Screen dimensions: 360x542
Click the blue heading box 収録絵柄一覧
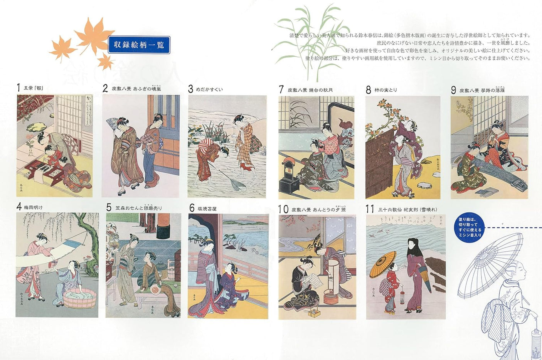pos(139,45)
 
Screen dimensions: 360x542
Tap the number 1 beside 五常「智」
pos(18,88)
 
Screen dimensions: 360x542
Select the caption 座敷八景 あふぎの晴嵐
pos(136,89)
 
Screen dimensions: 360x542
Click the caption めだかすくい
pos(209,89)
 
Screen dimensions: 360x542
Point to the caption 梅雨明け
pos(33,207)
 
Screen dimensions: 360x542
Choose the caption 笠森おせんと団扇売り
pos(139,208)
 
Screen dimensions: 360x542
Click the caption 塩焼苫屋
pos(207,209)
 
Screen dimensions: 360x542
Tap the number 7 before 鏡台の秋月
pos(281,90)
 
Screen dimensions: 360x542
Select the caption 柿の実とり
pos(385,90)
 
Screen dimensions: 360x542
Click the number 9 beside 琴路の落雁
pos(453,90)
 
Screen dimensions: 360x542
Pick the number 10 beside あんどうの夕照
pos(283,209)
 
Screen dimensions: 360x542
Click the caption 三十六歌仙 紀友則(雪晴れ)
pos(407,209)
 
